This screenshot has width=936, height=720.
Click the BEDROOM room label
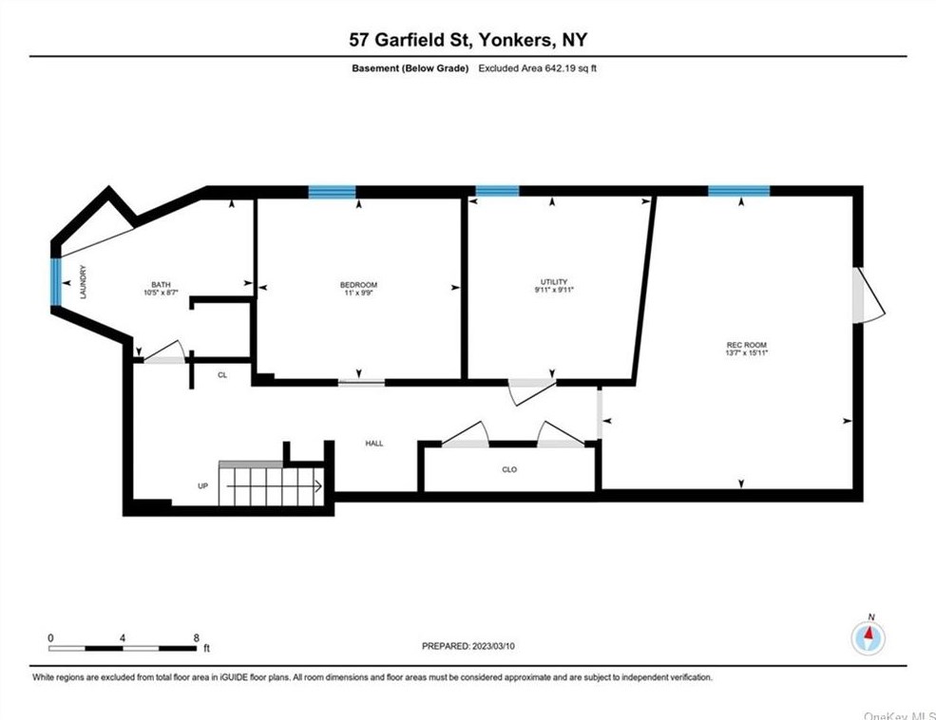358,285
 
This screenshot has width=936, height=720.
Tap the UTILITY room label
554,281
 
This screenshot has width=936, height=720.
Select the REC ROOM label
746,345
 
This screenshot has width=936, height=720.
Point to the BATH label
161,285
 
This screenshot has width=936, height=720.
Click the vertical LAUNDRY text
83,282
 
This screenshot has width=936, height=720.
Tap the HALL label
374,444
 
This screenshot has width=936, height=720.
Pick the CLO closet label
509,469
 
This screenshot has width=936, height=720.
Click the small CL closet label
222,375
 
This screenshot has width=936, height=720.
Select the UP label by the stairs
203,486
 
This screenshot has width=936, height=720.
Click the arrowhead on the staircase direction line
318,486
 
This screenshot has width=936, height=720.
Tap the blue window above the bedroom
332,192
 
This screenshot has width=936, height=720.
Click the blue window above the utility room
497,192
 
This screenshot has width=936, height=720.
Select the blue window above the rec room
739,192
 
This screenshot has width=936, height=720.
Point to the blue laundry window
56,281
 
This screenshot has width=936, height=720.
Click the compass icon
869,638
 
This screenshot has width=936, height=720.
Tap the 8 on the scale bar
197,638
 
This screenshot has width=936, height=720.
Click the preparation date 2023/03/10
493,646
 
